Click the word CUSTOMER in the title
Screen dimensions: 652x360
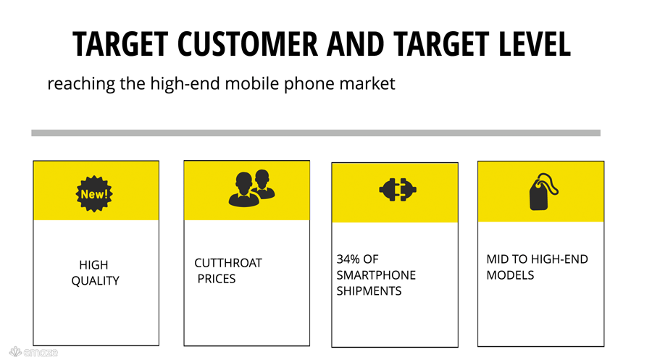pyautogui.click(x=248, y=43)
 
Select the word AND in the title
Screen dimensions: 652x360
pyautogui.click(x=355, y=43)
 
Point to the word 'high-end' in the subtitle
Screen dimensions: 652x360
pyautogui.click(x=185, y=83)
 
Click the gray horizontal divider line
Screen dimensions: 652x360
pyautogui.click(x=316, y=133)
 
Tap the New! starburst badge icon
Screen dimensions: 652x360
pyautogui.click(x=94, y=193)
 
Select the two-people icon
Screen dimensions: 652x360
pyautogui.click(x=251, y=188)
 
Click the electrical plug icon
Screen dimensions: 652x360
pyautogui.click(x=398, y=190)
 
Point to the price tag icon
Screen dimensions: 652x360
pyautogui.click(x=543, y=192)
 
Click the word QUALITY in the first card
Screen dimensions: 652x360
pyautogui.click(x=95, y=281)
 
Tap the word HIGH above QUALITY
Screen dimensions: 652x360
pyautogui.click(x=93, y=265)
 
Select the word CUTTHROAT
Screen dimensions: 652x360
pyautogui.click(x=228, y=263)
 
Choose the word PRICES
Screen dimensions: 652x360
pyautogui.click(x=216, y=279)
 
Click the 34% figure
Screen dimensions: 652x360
pyautogui.click(x=348, y=259)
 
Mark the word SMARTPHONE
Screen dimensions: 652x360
pyautogui.click(x=376, y=275)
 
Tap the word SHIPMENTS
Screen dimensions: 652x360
pyautogui.click(x=369, y=291)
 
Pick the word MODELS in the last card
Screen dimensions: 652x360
pyautogui.click(x=510, y=275)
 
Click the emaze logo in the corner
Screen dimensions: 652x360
pyautogui.click(x=33, y=352)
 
